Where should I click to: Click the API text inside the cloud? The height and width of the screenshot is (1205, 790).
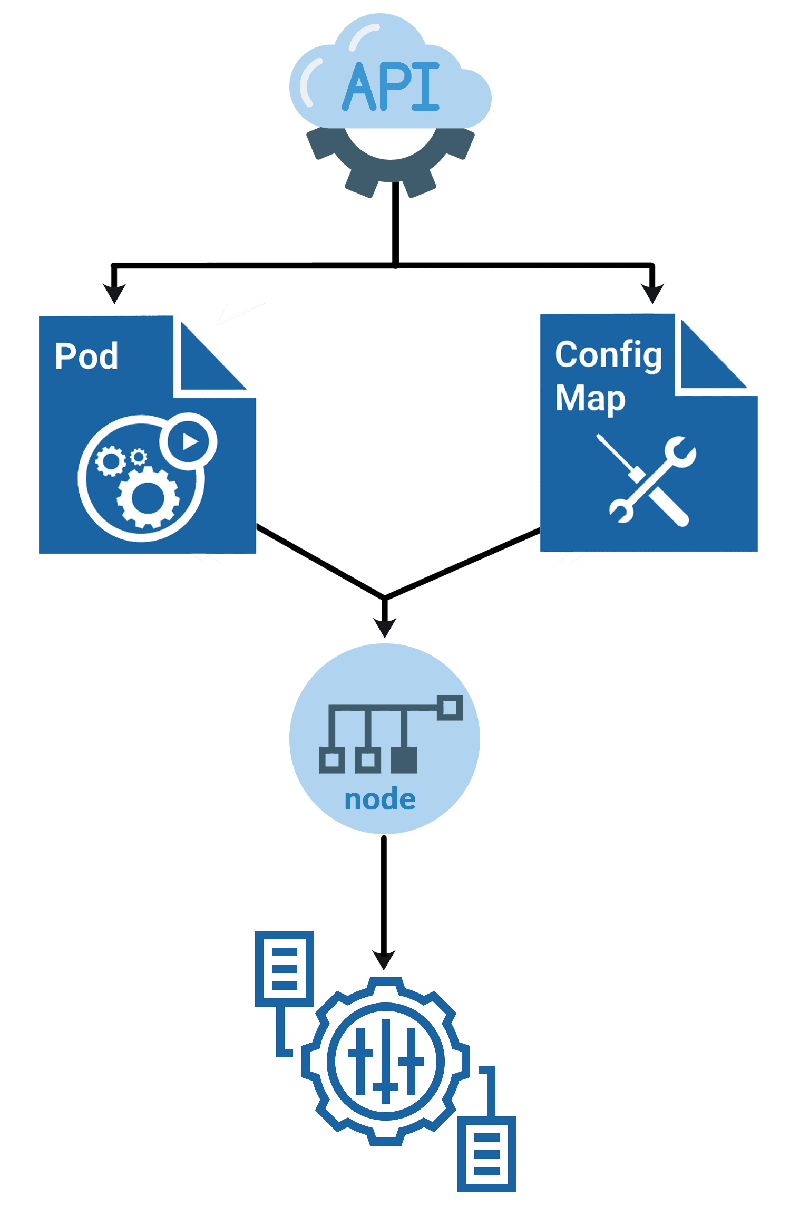point(391,87)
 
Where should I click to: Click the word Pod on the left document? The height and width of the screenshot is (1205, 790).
point(86,356)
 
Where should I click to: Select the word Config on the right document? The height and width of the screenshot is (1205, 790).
point(608,355)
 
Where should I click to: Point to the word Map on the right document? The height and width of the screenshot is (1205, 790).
point(590,398)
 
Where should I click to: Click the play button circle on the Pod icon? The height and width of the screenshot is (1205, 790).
point(188,441)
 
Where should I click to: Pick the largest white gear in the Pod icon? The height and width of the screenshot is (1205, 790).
point(148,497)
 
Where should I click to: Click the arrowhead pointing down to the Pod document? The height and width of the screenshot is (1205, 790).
point(114,293)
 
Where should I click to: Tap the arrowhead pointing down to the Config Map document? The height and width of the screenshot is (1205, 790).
point(652,293)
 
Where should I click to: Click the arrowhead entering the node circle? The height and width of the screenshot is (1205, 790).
point(385,627)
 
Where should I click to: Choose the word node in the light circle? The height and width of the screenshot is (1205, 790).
point(380,799)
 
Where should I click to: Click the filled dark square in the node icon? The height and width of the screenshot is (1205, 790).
point(404,760)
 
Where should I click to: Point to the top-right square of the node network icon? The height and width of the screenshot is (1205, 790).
point(450,707)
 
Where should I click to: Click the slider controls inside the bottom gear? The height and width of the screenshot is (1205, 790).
point(385,1061)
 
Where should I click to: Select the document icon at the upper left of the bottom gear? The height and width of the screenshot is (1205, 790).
point(285,968)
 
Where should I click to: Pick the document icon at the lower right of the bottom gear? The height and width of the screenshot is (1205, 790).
point(486,1153)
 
